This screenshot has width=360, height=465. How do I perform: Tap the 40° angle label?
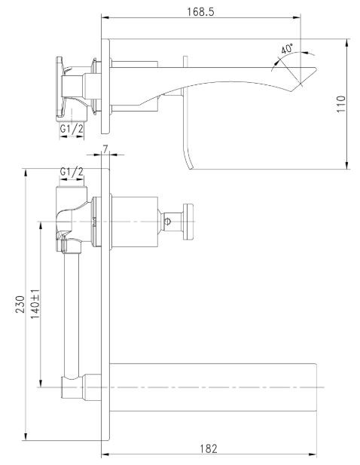coord(287,48)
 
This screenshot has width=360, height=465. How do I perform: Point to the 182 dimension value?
coord(209,448)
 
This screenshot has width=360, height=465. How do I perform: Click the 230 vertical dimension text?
coord(18,304)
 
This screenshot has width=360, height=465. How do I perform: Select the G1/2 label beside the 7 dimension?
coord(72,173)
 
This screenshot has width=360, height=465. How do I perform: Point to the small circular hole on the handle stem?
coord(169,221)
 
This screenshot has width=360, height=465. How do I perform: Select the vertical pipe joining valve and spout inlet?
coord(72,314)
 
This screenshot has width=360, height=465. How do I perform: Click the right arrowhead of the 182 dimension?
coord(315,454)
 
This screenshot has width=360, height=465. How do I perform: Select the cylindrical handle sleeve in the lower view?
coord(134,219)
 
